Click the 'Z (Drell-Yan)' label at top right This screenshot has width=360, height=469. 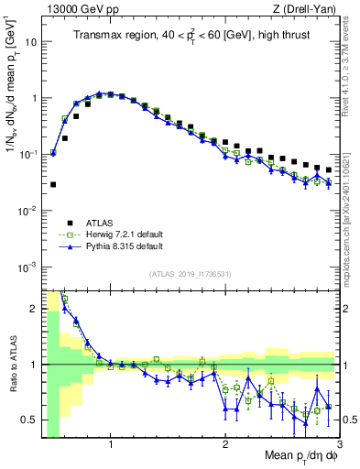(306, 7)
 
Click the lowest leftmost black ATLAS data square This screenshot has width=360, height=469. (52, 184)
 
